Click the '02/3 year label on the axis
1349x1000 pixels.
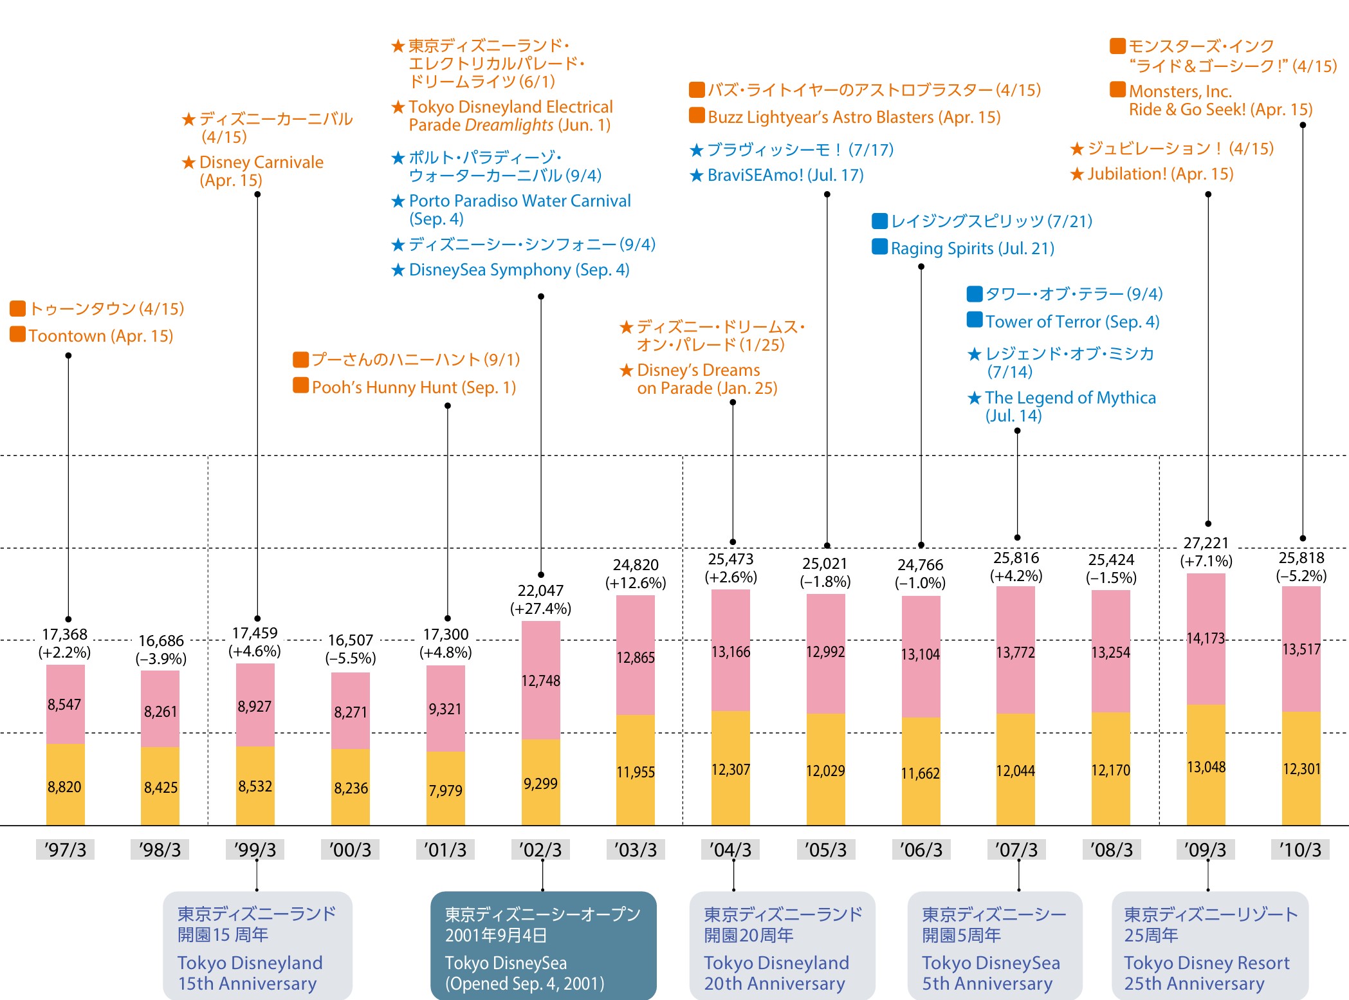(x=540, y=850)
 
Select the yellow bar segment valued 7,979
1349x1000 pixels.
(x=445, y=790)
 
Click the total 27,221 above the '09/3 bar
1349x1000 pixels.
(x=1206, y=543)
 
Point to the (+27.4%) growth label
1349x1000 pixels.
(x=540, y=609)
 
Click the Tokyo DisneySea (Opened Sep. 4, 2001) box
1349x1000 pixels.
(x=543, y=945)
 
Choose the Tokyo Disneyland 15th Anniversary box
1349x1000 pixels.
(x=257, y=945)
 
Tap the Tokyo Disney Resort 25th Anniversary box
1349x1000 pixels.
(x=1209, y=945)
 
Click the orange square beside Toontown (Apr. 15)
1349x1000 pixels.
(x=18, y=335)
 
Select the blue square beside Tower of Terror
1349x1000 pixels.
(x=975, y=320)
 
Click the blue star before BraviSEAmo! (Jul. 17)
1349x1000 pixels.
(x=697, y=176)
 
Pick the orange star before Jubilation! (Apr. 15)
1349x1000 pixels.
(x=1077, y=174)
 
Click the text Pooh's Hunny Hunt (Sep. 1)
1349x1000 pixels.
(x=414, y=387)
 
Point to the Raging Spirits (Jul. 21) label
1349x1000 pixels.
(x=972, y=248)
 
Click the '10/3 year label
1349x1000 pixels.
(x=1300, y=850)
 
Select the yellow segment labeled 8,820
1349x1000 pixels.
(x=64, y=786)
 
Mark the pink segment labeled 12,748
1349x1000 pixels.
(x=540, y=681)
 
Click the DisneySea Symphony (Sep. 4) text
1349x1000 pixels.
(x=518, y=270)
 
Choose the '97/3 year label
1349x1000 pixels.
(x=65, y=850)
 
